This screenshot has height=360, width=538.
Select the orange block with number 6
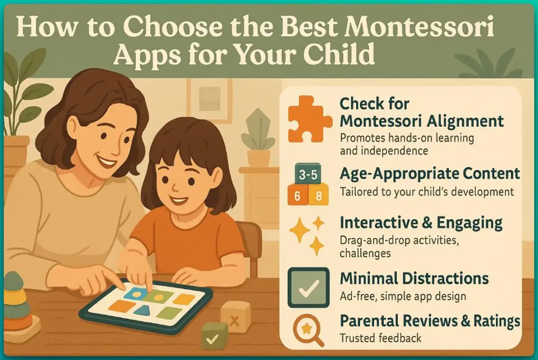click(x=297, y=197)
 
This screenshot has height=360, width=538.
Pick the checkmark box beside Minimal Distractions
click(x=308, y=287)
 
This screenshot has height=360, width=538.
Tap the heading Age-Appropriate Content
click(x=430, y=174)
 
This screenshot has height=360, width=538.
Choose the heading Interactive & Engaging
click(x=421, y=222)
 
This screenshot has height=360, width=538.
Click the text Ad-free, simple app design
click(x=402, y=296)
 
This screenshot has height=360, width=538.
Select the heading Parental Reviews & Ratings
click(x=430, y=320)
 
